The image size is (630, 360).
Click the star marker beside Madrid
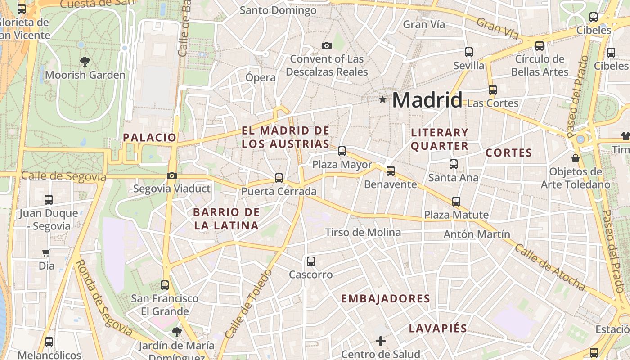point(382,99)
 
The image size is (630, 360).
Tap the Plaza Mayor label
point(342,165)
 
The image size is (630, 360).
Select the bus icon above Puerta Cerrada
point(279,178)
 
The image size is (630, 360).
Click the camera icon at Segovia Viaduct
point(171,176)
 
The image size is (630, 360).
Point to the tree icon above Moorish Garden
point(85,61)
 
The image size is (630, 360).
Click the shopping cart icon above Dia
point(46,253)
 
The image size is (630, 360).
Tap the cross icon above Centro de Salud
point(381,341)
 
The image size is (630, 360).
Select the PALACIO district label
point(150,138)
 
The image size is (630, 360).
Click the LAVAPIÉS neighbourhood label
point(438,328)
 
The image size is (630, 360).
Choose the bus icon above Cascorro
point(310,261)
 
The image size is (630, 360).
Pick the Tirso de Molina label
point(363,232)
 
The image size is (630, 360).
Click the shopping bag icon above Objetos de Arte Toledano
point(575,158)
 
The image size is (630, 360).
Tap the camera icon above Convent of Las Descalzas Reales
point(327,45)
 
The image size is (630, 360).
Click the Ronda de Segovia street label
point(103,298)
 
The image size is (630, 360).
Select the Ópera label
point(261,77)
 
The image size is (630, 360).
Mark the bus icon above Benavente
point(390,171)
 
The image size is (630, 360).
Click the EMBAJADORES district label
point(386,298)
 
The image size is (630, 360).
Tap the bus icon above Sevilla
point(468,52)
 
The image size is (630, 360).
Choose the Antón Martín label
point(477,234)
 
